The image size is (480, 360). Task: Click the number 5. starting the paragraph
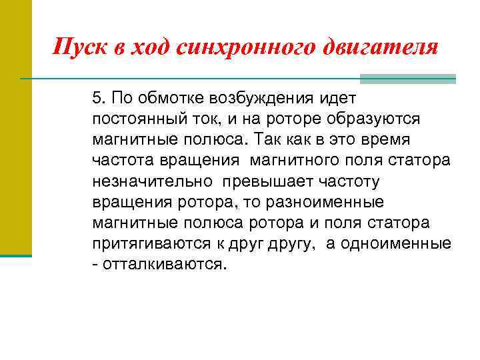(x=100, y=99)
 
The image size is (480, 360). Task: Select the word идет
(x=337, y=99)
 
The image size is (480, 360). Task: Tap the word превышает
(x=265, y=181)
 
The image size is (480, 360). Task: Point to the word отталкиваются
(x=165, y=264)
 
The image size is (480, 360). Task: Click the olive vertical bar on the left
(x=15, y=127)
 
